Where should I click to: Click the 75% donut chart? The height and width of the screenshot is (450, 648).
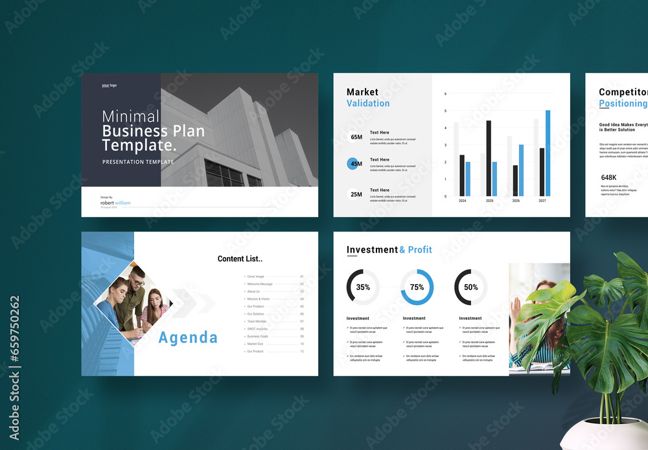pos(417,287)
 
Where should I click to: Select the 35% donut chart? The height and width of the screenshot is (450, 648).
pos(363,287)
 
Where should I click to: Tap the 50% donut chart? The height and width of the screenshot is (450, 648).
pos(471,287)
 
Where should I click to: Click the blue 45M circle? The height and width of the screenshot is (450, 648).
pos(356,164)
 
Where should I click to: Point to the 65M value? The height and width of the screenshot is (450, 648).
pos(356,137)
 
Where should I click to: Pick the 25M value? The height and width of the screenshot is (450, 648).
pos(356,194)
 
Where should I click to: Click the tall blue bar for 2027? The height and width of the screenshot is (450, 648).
pos(548,153)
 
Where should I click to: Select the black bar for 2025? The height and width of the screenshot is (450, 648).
pos(488,158)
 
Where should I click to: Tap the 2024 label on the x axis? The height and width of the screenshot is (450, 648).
pos(462,201)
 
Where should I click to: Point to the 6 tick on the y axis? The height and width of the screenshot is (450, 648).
pos(445,94)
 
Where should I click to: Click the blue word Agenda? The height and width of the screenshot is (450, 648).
pos(188,337)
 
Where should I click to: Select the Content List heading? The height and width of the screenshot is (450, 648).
pos(240,259)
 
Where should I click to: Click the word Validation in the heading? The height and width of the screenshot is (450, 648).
pos(368,104)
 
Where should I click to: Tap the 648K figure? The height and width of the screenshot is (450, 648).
pos(608,177)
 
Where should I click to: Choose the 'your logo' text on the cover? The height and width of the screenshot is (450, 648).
pos(109,85)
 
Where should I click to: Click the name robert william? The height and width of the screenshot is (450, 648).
pos(115,203)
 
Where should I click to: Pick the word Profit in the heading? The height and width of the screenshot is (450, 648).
pos(420,250)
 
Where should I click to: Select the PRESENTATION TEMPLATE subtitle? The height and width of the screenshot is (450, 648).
pos(138,162)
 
